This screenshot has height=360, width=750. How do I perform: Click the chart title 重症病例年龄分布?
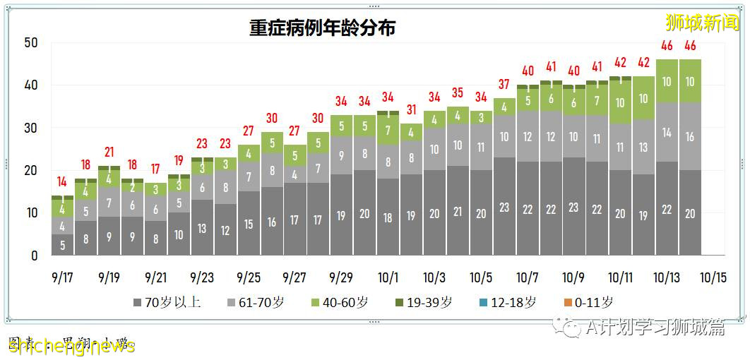tap(322, 28)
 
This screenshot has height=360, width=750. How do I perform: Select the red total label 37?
tap(504, 85)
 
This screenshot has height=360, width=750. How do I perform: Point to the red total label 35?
tap(458, 93)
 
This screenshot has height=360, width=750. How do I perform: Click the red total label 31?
tap(412, 110)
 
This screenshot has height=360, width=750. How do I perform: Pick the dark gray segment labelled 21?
tap(458, 212)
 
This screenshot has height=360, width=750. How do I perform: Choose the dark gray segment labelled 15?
tap(249, 224)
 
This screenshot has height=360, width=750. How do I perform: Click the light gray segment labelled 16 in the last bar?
tap(690, 137)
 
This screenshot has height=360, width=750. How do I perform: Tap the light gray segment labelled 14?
tap(667, 132)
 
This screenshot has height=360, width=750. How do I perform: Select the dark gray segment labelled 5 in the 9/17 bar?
tap(62, 246)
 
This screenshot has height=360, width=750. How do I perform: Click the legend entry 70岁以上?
tap(167, 303)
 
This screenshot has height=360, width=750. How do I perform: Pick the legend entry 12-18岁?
tap(506, 303)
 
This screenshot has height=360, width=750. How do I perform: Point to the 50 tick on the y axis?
tap(31, 43)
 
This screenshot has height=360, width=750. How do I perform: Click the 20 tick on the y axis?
tap(31, 171)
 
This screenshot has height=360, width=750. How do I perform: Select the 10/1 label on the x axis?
tap(388, 277)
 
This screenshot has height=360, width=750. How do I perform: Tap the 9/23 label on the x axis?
tap(202, 277)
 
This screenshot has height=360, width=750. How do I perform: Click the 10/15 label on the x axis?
tap(713, 277)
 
